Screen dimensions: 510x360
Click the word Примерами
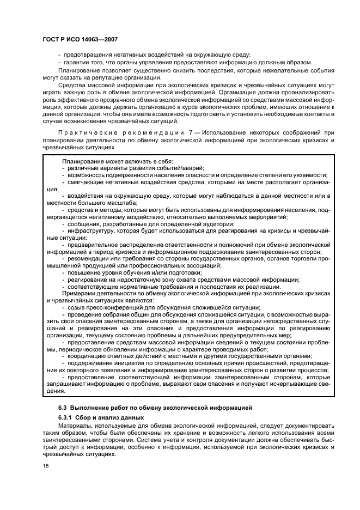point(80,294)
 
